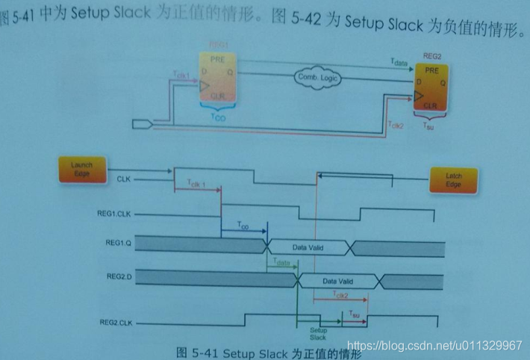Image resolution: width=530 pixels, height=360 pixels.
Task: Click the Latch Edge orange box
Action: [x=454, y=180]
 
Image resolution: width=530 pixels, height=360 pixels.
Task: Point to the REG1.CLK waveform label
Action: [x=113, y=215]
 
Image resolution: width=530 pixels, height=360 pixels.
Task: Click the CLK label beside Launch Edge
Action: [x=124, y=179]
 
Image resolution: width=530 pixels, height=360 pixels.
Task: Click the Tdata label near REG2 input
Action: [x=398, y=63]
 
